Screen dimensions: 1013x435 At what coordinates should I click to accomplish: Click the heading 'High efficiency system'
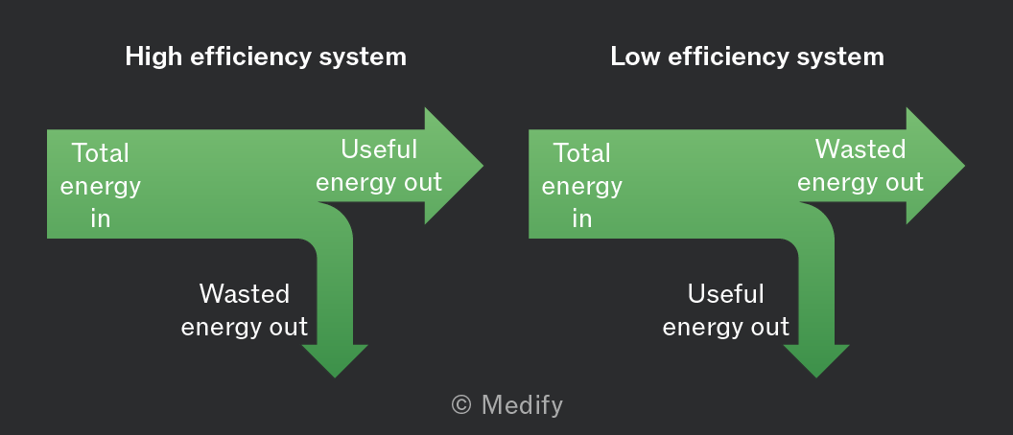pos(266,57)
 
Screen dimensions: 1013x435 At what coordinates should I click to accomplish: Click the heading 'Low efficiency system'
pos(747,57)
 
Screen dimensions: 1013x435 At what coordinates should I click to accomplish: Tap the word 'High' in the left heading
pos(154,57)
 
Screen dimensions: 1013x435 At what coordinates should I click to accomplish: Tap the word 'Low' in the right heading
pos(635,57)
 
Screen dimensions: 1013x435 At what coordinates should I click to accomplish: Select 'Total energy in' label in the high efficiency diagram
pos(100,186)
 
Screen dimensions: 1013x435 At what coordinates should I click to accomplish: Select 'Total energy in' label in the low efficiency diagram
pos(581,186)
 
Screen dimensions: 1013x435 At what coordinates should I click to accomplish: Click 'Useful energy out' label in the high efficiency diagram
pos(379,166)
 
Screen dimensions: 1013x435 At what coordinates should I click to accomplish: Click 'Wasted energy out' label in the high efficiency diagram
pos(245,310)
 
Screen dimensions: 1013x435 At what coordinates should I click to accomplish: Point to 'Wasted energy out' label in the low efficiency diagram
pos(860,166)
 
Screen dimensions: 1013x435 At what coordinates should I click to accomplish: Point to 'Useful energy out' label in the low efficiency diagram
pos(725,310)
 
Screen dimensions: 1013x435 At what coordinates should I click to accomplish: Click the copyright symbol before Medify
pos(461,405)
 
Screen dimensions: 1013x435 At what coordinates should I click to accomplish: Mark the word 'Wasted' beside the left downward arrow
pos(245,294)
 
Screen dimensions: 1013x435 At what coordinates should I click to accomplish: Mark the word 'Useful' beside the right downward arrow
pos(725,294)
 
